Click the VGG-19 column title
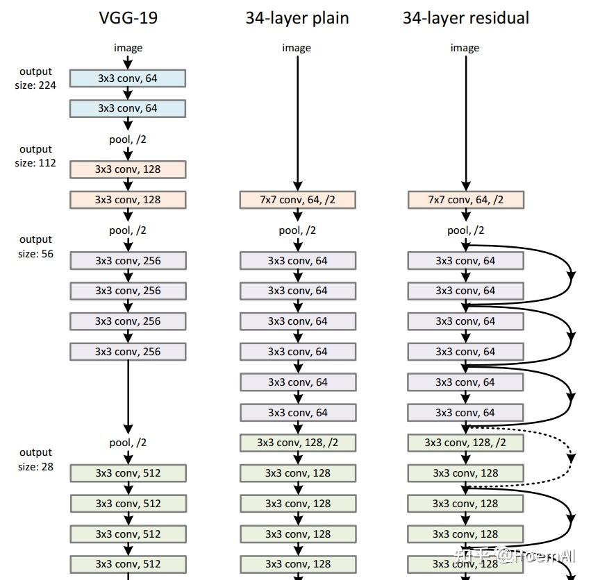click(x=128, y=18)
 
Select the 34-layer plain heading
click(x=297, y=18)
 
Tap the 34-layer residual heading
click(x=466, y=18)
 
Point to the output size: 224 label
click(x=35, y=78)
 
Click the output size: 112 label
click(x=35, y=156)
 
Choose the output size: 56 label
click(x=36, y=247)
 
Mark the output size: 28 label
click(x=36, y=459)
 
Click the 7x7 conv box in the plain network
click(x=298, y=200)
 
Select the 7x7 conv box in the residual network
click(x=466, y=200)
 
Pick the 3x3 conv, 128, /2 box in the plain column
click(x=298, y=443)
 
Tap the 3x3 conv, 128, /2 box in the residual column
click(x=465, y=443)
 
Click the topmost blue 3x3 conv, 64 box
click(x=128, y=78)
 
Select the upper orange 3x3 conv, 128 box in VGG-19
click(x=128, y=169)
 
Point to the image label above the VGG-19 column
click(x=128, y=48)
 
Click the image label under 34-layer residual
click(x=465, y=48)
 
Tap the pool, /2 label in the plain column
click(x=297, y=230)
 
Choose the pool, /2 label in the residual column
click(x=466, y=230)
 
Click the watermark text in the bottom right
click(x=515, y=556)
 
